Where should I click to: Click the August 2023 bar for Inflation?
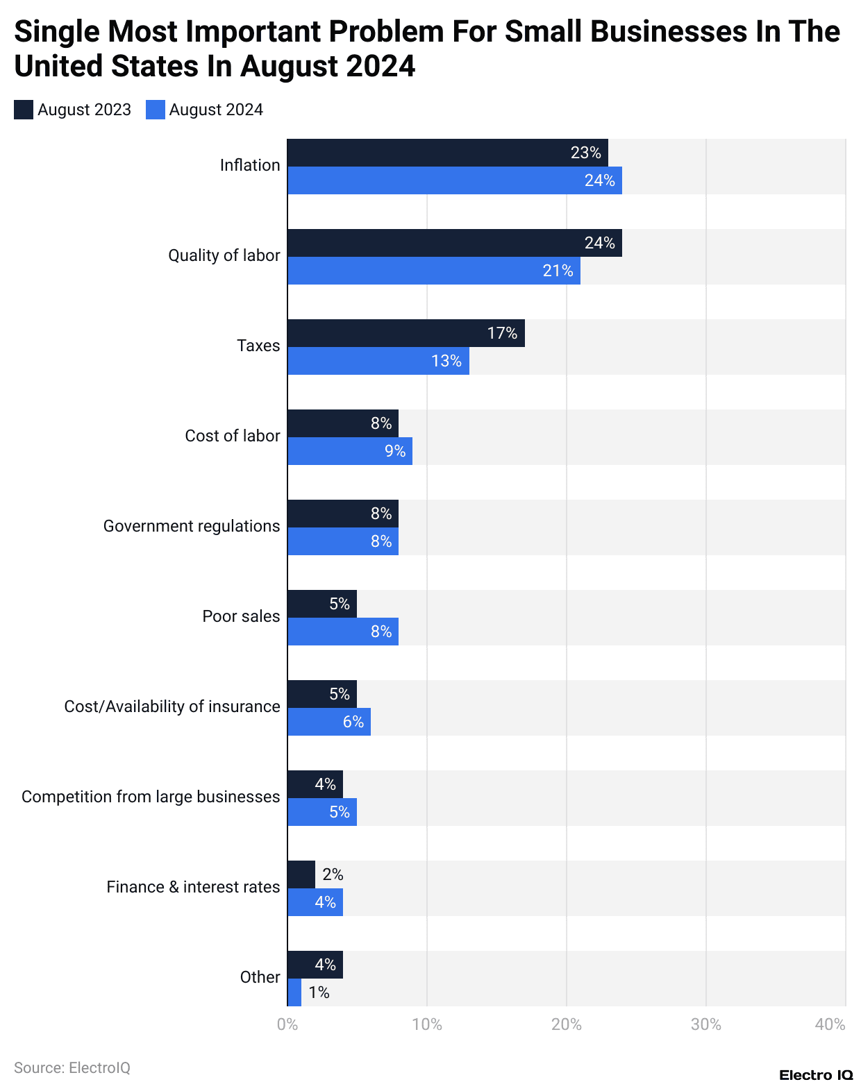coord(447,153)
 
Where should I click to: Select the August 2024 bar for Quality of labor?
coord(433,271)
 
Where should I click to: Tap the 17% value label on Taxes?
coord(501,333)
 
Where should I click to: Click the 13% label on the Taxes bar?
coord(446,361)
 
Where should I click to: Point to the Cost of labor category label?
coord(232,436)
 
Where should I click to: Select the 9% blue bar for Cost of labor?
coord(349,451)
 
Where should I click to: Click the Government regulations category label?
coord(192,526)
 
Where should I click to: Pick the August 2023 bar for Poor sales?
coord(321,604)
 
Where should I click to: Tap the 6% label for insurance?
coord(353,722)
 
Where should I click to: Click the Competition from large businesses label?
coord(151,797)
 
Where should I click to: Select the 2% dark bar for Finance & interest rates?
coord(301,874)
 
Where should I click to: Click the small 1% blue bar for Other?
coord(294,992)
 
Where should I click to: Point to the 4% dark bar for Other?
coord(315,965)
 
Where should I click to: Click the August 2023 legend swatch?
coord(24,110)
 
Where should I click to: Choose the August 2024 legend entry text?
coord(216,110)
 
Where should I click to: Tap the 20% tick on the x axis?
coord(566,1024)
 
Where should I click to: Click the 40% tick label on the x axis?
coord(830,1024)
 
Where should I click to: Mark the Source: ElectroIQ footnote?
coord(72,1067)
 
